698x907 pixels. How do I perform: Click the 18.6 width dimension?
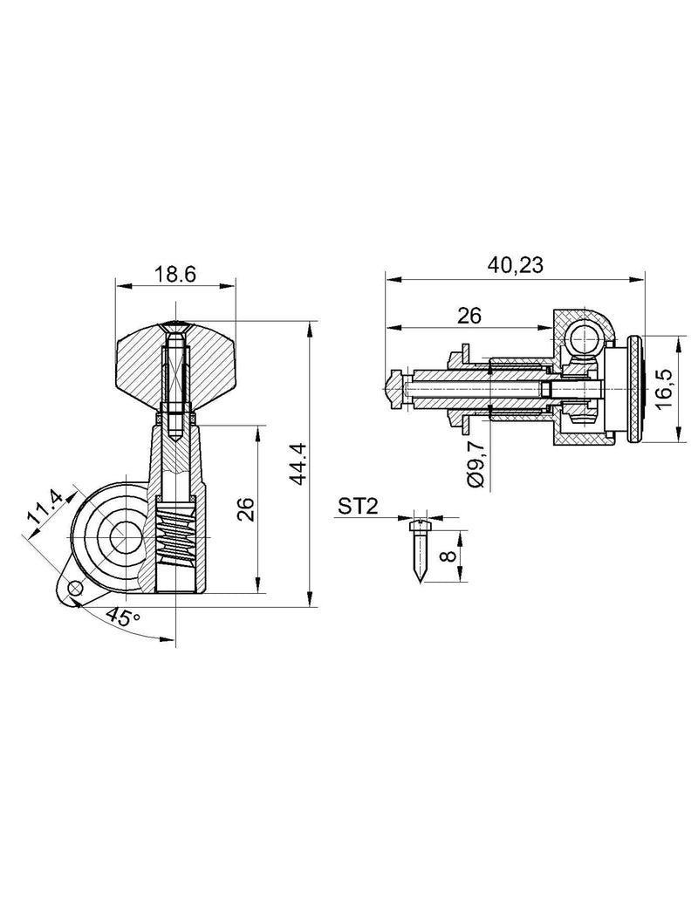(174, 274)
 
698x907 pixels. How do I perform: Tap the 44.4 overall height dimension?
(299, 463)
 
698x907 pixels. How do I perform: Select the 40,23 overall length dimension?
(516, 265)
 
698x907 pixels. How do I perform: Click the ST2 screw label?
(358, 508)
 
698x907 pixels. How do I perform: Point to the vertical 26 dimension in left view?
(247, 509)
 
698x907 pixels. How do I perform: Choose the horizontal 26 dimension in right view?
(469, 316)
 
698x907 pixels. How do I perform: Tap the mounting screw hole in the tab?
(73, 589)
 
